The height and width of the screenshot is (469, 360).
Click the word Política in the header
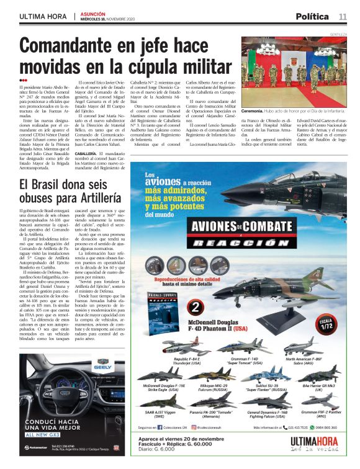[x=312, y=16]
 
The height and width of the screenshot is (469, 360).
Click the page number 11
[x=343, y=16]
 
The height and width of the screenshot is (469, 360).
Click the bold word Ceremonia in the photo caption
[x=255, y=92]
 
